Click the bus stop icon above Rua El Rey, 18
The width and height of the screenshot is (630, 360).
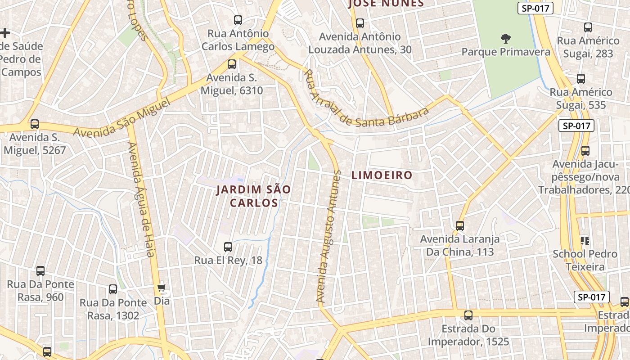[x=228, y=247]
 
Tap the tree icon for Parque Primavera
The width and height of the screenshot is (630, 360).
[x=505, y=39]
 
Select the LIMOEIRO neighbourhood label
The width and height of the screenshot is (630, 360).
[x=382, y=175]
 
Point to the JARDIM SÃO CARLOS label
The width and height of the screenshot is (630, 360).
[x=254, y=196]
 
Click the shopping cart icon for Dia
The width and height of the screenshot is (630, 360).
[x=162, y=287]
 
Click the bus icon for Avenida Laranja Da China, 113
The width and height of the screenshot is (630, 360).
[x=459, y=225]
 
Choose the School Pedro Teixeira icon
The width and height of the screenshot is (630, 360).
[x=585, y=240]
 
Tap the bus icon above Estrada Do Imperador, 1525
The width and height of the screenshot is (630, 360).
[x=468, y=315]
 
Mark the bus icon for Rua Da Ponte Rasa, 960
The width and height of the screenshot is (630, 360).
[x=40, y=270]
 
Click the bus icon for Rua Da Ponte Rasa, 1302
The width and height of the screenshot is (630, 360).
[x=113, y=289]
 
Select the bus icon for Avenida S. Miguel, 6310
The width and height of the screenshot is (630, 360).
[x=232, y=64]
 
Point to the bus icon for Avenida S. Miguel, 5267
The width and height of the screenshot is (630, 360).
[x=35, y=124]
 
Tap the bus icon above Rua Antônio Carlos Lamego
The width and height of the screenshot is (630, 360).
[x=238, y=20]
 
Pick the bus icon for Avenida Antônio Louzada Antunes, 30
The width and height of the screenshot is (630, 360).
[x=360, y=23]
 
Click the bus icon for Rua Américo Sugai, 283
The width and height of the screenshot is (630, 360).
[x=588, y=27]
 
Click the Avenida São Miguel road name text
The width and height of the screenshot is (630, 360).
[x=122, y=118]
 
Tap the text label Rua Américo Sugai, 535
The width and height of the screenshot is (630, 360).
[x=581, y=99]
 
